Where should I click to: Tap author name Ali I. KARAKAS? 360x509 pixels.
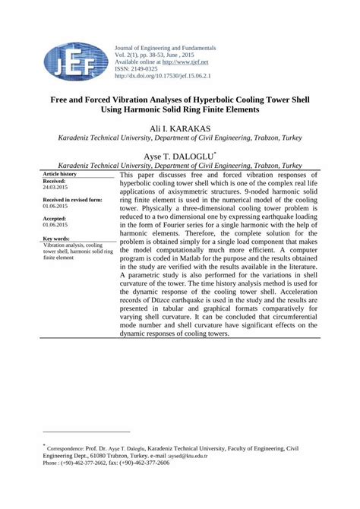click(x=180, y=128)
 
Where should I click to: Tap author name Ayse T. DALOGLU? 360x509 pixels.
click(x=178, y=156)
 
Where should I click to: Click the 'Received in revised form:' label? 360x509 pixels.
click(x=72, y=200)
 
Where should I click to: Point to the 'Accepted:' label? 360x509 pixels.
click(x=55, y=219)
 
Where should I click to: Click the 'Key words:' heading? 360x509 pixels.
click(x=57, y=239)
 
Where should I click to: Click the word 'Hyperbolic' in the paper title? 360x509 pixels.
click(x=215, y=99)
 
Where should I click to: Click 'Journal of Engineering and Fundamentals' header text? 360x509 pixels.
click(x=165, y=48)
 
